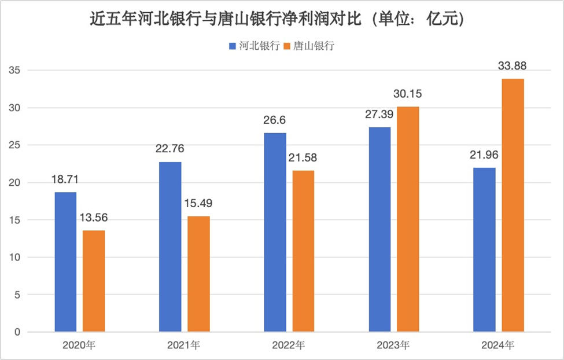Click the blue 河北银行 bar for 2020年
point(65,262)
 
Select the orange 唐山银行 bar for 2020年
point(94,281)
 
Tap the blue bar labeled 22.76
point(170,247)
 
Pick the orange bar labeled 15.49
point(198,274)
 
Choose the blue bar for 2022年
point(275,233)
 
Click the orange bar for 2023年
point(408,219)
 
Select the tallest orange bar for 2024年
point(513,205)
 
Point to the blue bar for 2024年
point(484,250)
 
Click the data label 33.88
point(513,66)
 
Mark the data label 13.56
point(94,218)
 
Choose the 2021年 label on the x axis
point(185,346)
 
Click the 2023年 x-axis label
point(393,346)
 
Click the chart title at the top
point(282,19)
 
